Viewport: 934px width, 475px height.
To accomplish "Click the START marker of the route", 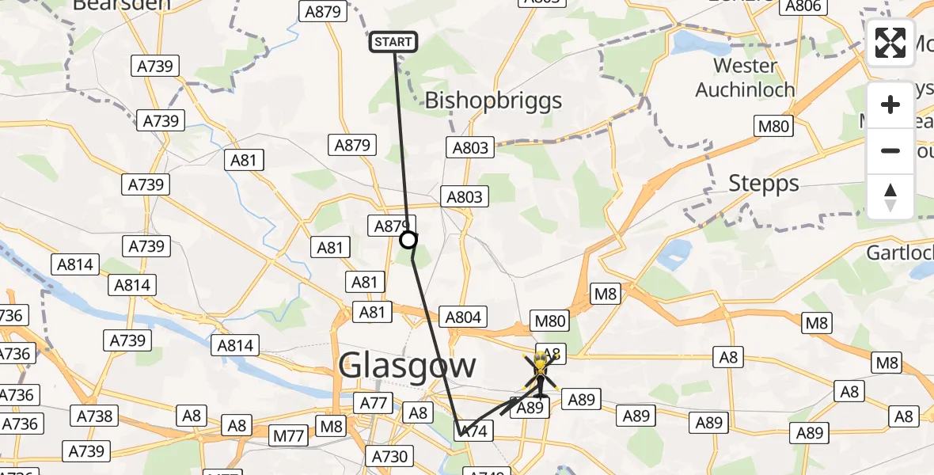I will [393, 42].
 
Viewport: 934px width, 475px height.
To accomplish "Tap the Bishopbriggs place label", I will [494, 101].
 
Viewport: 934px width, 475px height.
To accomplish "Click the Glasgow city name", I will [408, 366].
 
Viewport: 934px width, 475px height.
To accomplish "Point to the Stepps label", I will [764, 184].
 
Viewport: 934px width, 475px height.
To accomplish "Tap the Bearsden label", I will [122, 5].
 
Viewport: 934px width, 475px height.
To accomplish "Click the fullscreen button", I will [890, 43].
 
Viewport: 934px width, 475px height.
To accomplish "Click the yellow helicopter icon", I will [541, 373].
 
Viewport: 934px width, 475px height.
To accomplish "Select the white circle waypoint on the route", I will [408, 240].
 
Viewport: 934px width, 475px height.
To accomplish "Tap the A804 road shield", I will [463, 317].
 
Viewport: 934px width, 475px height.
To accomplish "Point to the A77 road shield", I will [374, 404].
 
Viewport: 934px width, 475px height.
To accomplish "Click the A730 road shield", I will [389, 456].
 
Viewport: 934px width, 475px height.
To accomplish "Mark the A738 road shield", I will [94, 416].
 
